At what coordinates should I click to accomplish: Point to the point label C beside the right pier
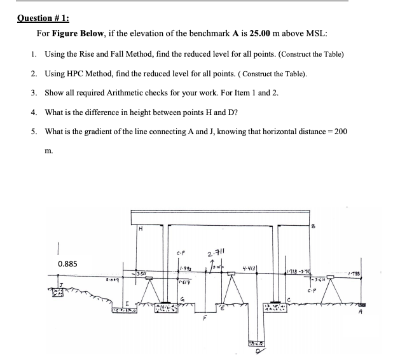288,299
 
